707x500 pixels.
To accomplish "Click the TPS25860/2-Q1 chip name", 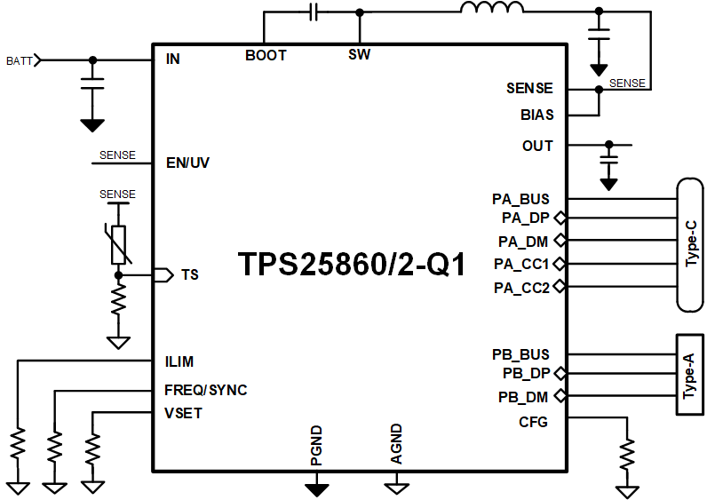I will (x=352, y=265).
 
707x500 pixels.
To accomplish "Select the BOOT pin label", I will (x=266, y=55).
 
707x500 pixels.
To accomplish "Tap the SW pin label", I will (x=359, y=55).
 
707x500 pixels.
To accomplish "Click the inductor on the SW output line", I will (x=491, y=10).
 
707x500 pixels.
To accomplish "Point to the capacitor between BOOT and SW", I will (x=314, y=12).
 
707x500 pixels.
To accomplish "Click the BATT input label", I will (x=19, y=60).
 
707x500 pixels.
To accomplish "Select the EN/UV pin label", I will (x=187, y=163).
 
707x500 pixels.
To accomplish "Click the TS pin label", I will (x=189, y=274).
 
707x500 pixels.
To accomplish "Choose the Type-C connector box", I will (x=691, y=245).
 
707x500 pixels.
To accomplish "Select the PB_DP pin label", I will (x=526, y=374).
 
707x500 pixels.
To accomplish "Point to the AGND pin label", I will (x=396, y=444).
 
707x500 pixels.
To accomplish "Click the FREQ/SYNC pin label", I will (x=205, y=390).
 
